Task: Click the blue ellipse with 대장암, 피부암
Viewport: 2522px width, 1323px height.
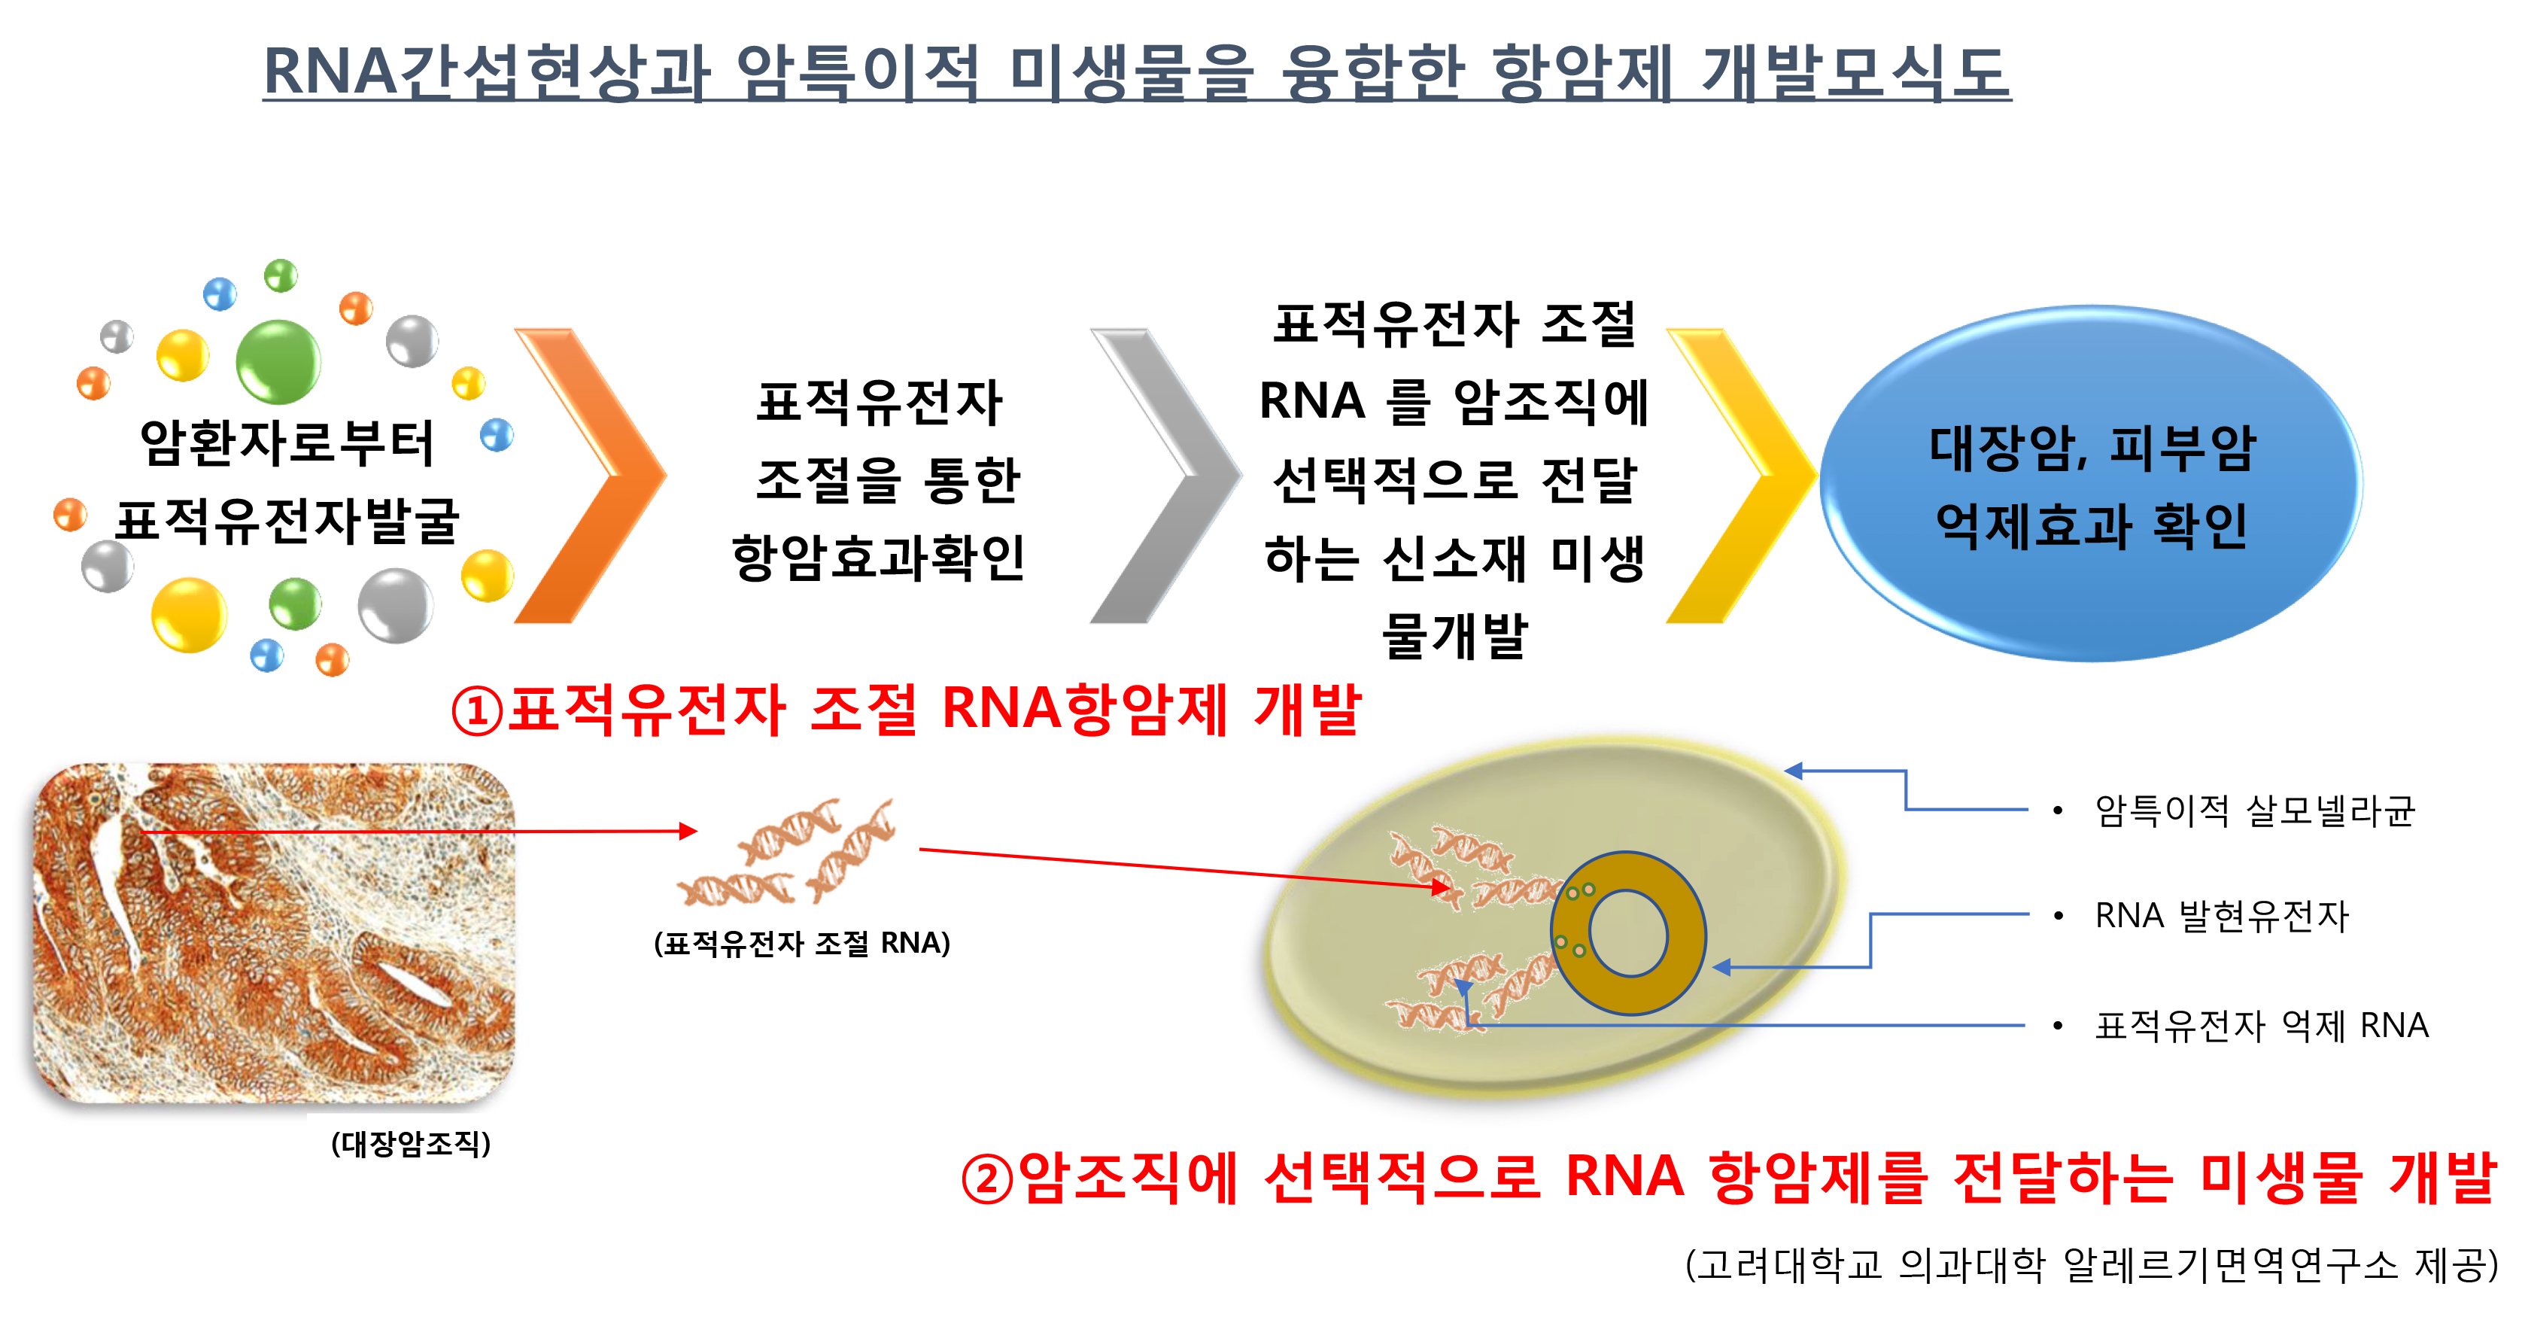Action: click(x=2091, y=484)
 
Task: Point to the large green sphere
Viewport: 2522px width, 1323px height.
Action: click(x=279, y=361)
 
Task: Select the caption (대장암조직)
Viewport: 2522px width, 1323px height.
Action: click(x=412, y=1143)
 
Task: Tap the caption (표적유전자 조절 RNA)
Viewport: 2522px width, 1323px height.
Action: click(x=802, y=943)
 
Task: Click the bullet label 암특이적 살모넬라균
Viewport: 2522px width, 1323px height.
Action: click(x=2255, y=811)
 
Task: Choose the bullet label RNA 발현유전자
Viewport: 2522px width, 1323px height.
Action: click(x=2222, y=916)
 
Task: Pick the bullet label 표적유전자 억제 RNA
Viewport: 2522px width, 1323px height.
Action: click(x=2262, y=1025)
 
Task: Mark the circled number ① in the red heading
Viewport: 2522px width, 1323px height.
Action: click(x=477, y=711)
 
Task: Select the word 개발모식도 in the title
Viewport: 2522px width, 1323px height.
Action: click(x=1856, y=71)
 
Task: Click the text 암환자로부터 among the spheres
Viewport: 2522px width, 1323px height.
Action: click(x=287, y=443)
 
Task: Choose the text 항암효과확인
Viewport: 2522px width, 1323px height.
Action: click(x=878, y=557)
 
